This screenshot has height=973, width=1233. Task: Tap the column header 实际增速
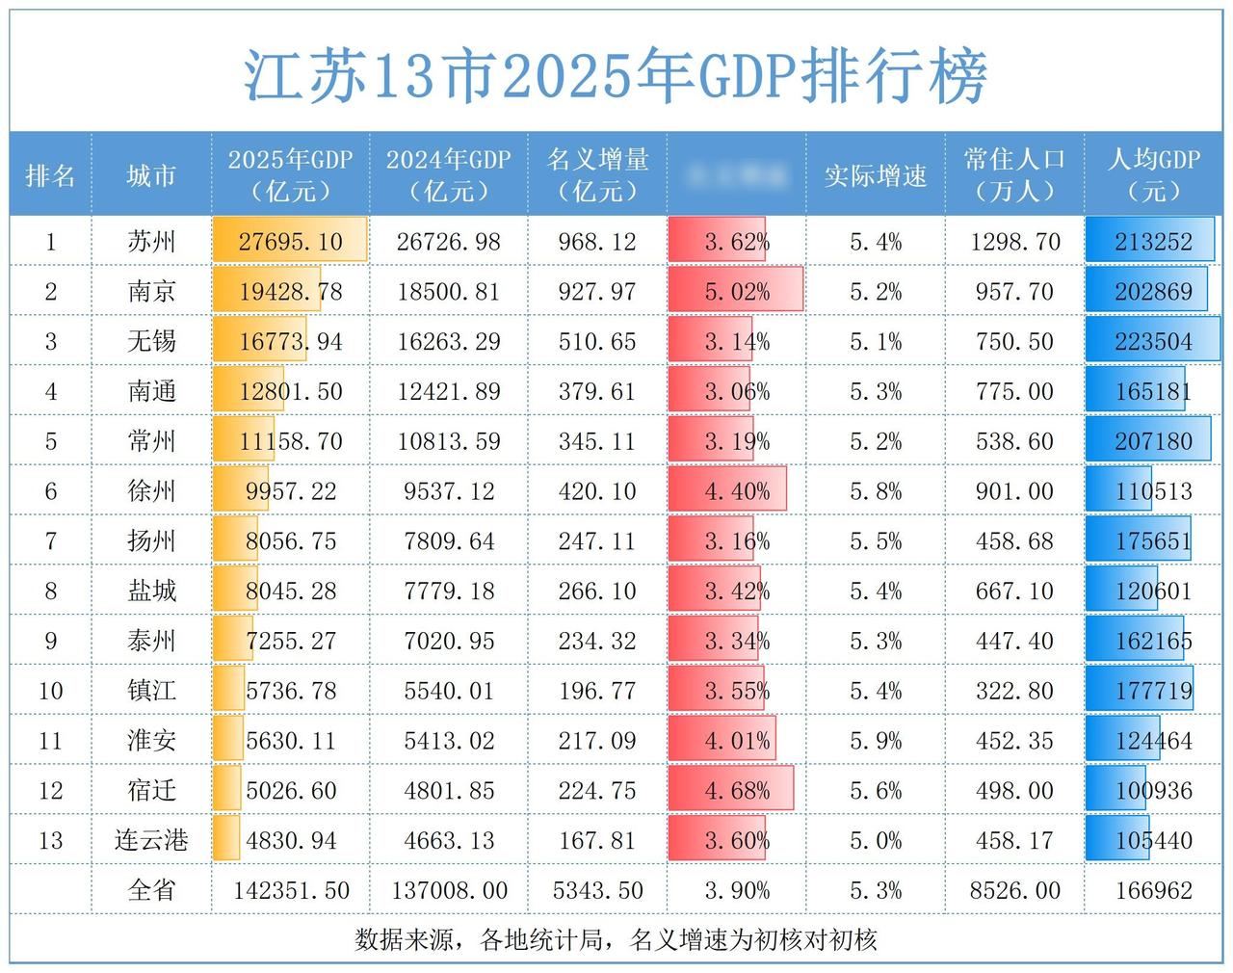[x=875, y=175]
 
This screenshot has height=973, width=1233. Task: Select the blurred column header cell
[x=736, y=175]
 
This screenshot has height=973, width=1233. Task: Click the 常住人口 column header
[x=1014, y=174]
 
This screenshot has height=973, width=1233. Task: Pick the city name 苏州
[x=151, y=241]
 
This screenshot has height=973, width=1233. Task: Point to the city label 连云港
[x=151, y=840]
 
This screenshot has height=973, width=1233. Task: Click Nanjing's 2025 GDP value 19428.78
[x=290, y=292]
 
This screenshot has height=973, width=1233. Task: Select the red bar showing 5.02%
[x=736, y=292]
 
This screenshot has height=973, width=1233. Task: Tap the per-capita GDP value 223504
[x=1153, y=342]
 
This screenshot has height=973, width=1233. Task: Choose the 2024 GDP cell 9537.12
[x=449, y=491]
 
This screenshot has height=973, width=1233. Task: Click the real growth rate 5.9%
[x=875, y=741]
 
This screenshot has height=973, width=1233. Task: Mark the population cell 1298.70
[x=1014, y=242]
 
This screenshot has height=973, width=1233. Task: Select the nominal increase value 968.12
[x=597, y=242]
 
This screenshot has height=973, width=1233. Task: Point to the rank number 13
[x=50, y=840]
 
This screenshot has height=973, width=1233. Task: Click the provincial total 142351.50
[x=290, y=890]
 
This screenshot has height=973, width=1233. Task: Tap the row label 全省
[x=151, y=890]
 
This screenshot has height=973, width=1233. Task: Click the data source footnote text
[x=616, y=939]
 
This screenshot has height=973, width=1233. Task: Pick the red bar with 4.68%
[x=731, y=790]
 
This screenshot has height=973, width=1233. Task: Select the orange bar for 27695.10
[x=290, y=240]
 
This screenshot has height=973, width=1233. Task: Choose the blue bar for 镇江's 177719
[x=1140, y=691]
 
